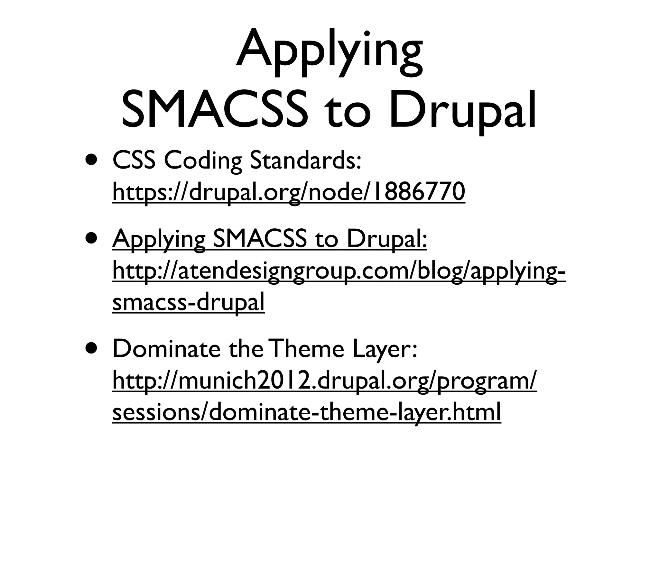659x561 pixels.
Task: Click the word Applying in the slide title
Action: [329, 51]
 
